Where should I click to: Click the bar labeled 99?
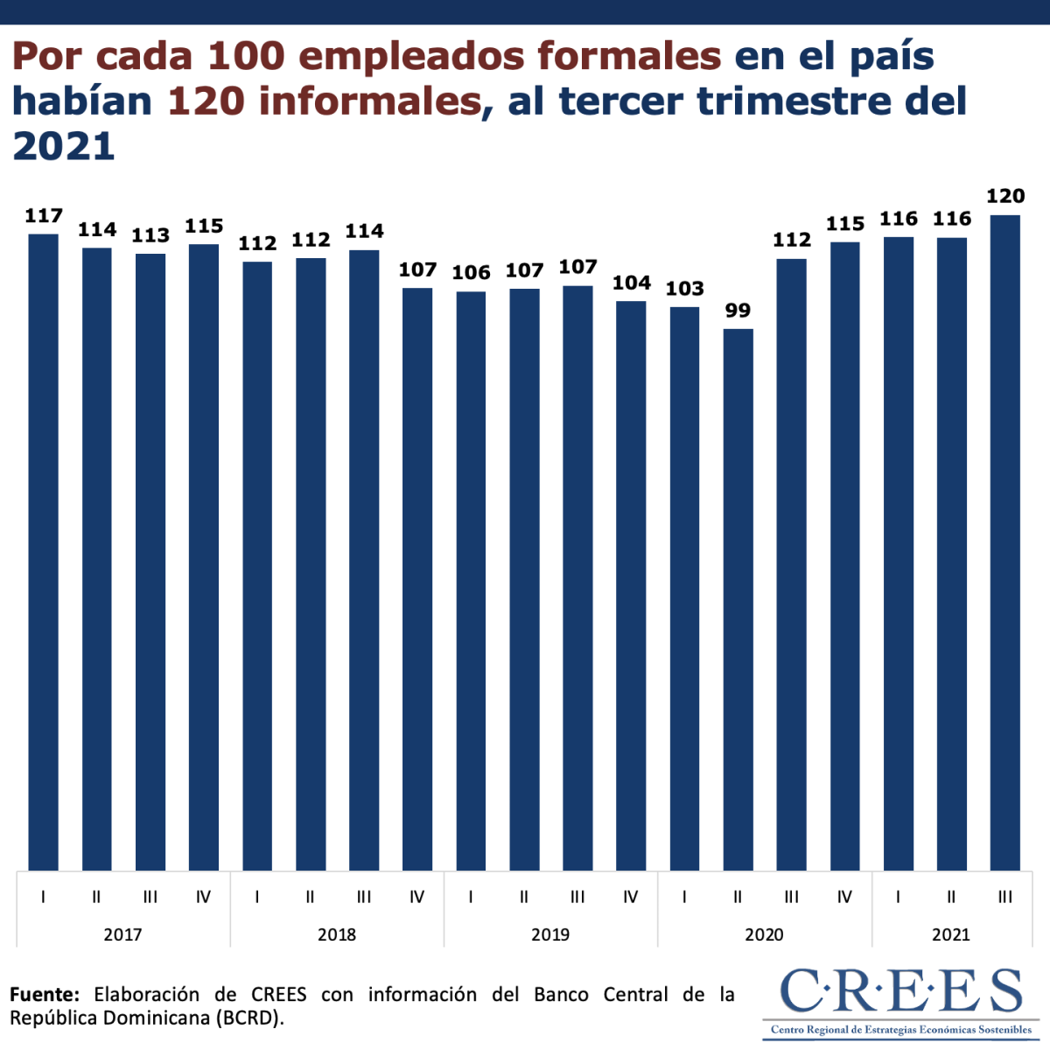coord(738,599)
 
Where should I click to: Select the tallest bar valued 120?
coord(1005,542)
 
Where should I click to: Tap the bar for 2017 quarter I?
coord(44,551)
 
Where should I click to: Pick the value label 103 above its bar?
coord(684,289)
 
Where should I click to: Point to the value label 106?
coord(471,273)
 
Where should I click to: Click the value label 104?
coord(631,283)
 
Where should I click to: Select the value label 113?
coord(150,235)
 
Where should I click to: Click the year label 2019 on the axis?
coord(550,934)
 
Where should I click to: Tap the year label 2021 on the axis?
coord(951,934)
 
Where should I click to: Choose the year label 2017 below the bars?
coord(122,934)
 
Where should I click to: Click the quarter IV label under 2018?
coord(417,897)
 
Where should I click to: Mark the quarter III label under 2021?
coord(1005,897)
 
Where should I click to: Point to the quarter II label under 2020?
coord(738,897)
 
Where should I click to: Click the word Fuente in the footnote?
coord(44,995)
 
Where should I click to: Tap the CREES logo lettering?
coord(900,991)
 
